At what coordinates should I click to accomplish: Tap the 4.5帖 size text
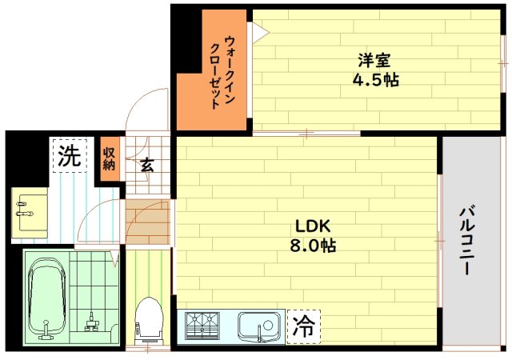click(376, 80)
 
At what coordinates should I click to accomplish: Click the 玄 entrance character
click(147, 165)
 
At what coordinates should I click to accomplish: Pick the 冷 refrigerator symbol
click(303, 326)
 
